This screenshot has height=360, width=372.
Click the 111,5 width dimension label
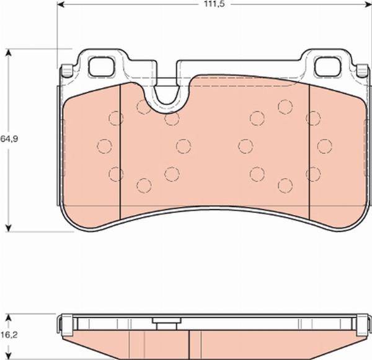pyautogui.click(x=215, y=4)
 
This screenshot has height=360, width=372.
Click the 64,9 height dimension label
pyautogui.click(x=9, y=139)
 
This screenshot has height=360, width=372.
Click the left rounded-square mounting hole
pyautogui.click(x=102, y=66)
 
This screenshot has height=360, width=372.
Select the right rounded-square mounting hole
pyautogui.click(x=328, y=66)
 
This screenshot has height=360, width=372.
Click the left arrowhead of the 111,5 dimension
pyautogui.click(x=61, y=4)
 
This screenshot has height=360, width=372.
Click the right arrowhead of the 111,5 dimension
pyautogui.click(x=368, y=4)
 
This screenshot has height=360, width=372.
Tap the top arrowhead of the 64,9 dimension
pyautogui.click(x=9, y=52)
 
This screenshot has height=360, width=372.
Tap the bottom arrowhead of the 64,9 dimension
pyautogui.click(x=9, y=228)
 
